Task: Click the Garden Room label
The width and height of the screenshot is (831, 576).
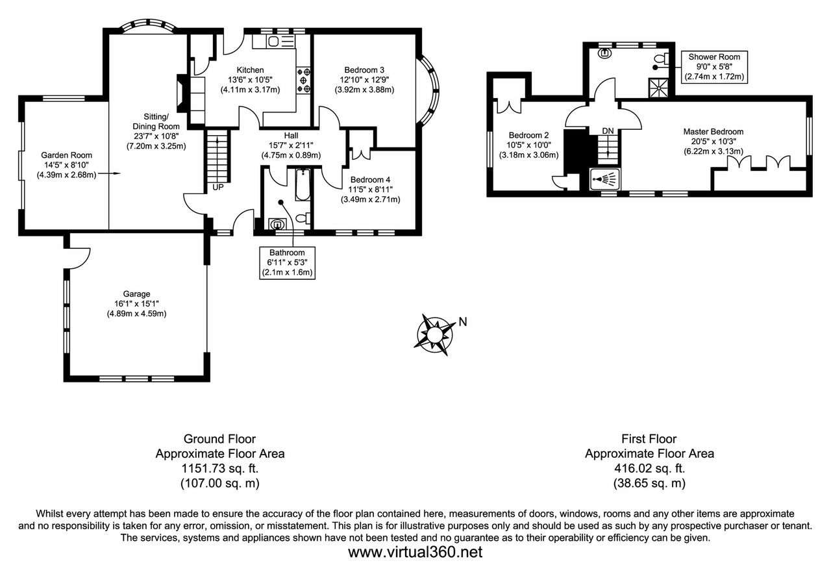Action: (66, 155)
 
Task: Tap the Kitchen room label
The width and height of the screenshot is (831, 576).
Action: (250, 70)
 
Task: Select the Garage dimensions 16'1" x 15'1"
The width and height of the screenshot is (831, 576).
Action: (137, 304)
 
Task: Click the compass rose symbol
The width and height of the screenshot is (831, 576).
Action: (434, 334)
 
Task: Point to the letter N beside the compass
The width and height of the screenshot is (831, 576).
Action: (463, 321)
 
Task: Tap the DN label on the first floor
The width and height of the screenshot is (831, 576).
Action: (608, 131)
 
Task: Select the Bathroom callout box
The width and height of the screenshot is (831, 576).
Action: (287, 263)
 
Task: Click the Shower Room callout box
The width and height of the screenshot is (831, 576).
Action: (714, 67)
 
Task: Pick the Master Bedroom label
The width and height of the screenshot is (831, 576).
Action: (713, 131)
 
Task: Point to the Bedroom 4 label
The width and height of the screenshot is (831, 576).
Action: (370, 179)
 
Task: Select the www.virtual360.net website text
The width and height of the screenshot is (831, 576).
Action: (415, 553)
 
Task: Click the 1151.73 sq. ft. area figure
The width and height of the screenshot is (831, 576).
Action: (219, 469)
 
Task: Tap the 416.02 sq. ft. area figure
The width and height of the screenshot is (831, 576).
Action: (649, 469)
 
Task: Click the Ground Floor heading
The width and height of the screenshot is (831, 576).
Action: (219, 439)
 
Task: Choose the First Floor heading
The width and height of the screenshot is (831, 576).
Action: (649, 439)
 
